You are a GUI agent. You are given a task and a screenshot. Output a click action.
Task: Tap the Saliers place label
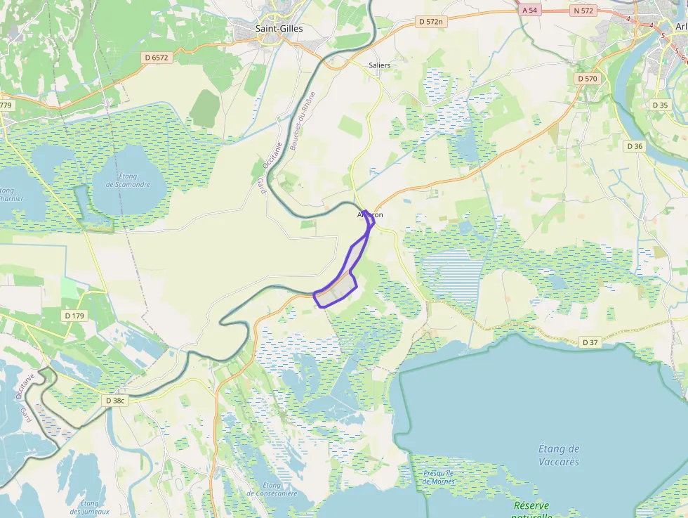pos(379,65)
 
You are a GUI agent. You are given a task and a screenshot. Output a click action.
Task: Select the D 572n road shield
pos(431,22)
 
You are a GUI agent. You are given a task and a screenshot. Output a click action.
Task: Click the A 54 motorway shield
pos(530,11)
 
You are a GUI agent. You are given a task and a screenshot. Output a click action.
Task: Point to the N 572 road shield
pos(583,11)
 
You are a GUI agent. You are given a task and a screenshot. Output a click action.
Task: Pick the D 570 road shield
pos(586,79)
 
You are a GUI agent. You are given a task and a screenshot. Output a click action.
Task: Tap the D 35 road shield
pos(660,105)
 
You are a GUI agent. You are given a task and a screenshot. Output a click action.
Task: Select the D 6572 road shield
pos(155,57)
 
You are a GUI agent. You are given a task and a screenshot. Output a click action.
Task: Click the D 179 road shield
pos(74,316)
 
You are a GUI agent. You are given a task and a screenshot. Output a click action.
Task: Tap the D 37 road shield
pos(590,342)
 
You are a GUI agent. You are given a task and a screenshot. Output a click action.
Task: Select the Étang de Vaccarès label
pos(559,455)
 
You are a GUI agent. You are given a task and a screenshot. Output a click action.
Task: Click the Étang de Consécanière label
pos(272,489)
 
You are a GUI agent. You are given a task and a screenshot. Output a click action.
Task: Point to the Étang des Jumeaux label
pos(89,507)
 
